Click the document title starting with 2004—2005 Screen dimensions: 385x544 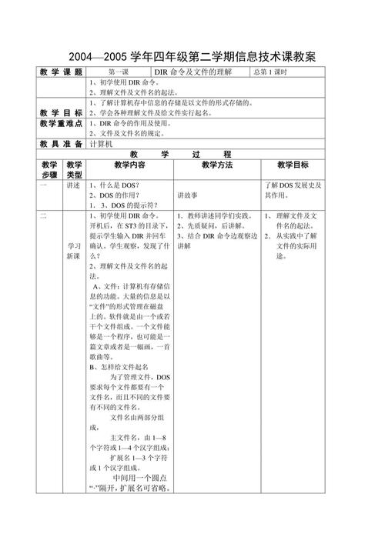192,58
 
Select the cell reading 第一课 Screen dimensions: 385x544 123,72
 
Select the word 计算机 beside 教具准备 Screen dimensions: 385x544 102,143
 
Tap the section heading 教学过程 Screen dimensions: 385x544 192,154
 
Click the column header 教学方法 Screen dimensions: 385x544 217,165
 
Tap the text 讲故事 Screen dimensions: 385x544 188,195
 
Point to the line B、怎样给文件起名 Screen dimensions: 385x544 125,367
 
